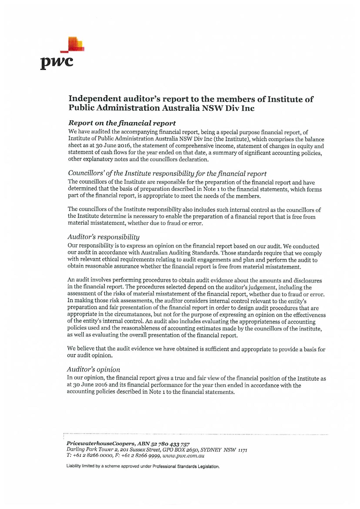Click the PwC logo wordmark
[57, 62]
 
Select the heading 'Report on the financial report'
[122, 123]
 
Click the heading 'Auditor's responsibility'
[103, 237]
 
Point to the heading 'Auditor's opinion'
[93, 370]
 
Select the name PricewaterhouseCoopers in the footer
[101, 443]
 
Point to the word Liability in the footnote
[73, 467]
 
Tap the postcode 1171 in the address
[243, 450]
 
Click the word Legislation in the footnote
[208, 467]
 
